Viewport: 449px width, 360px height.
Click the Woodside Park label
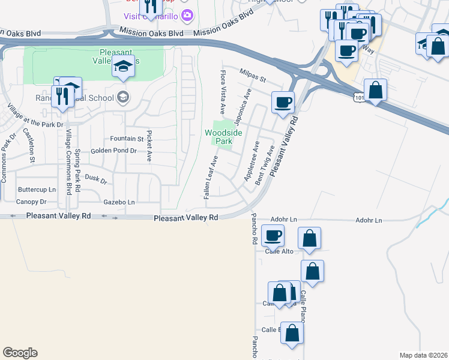point(218,136)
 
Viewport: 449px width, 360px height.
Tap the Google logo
point(20,353)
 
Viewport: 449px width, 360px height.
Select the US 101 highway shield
point(359,97)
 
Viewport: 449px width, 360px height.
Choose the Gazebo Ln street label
point(119,203)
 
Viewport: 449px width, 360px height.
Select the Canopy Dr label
point(31,202)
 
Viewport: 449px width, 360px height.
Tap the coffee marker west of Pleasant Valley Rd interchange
point(283,101)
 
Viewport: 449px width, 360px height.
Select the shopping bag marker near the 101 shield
point(375,91)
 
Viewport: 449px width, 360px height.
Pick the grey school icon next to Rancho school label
point(123,97)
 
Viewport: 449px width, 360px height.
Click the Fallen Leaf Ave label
point(210,177)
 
